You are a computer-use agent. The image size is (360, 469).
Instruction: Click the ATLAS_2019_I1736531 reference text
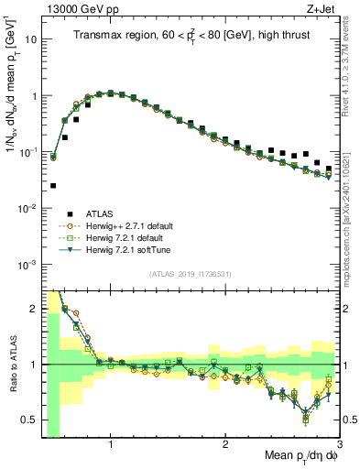tap(190, 273)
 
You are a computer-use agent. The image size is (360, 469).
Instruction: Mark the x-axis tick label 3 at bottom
tap(339, 446)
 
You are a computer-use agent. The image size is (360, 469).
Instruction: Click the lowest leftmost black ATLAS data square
tap(52, 185)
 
